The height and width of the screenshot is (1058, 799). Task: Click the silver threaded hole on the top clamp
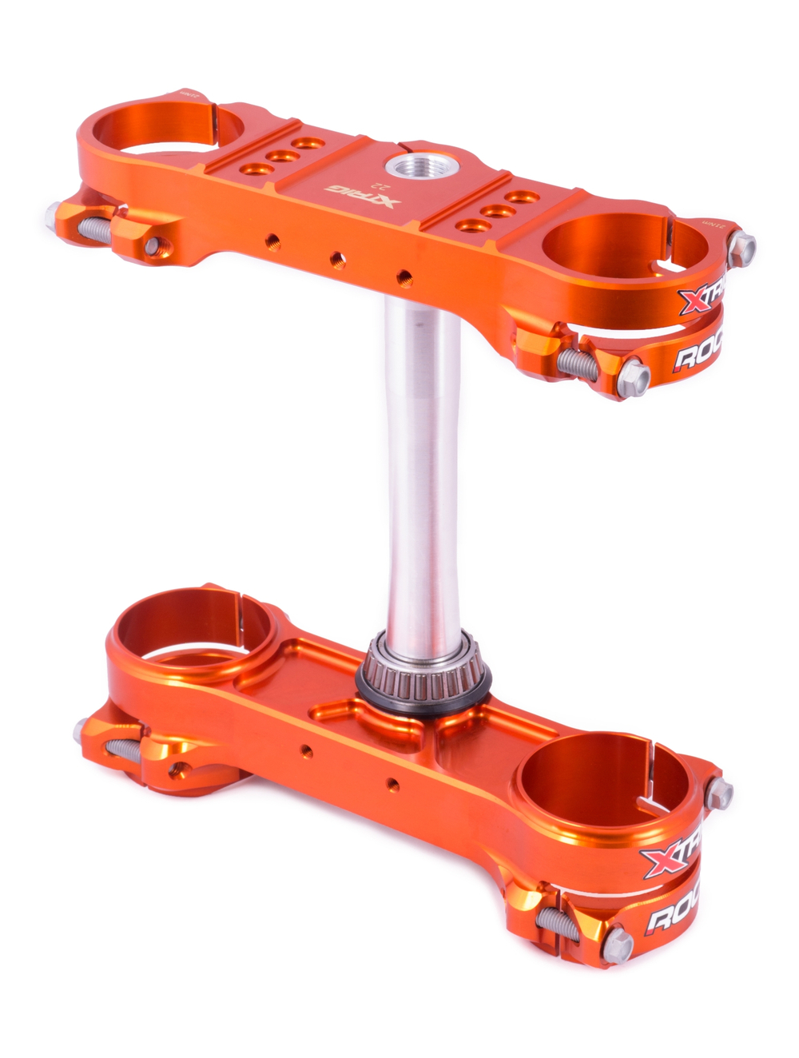click(x=407, y=167)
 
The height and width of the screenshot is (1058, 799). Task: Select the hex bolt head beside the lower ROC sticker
click(x=617, y=947)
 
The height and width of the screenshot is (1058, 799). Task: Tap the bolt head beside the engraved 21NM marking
click(x=742, y=247)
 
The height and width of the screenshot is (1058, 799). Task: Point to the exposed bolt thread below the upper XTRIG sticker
click(x=577, y=361)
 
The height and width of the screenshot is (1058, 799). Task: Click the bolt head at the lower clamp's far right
click(x=721, y=793)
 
